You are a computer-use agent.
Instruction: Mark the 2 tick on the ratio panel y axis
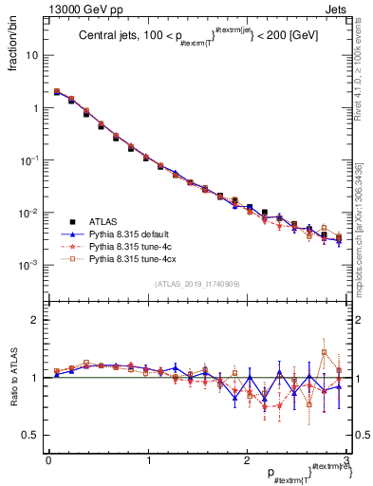[x=33, y=320]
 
